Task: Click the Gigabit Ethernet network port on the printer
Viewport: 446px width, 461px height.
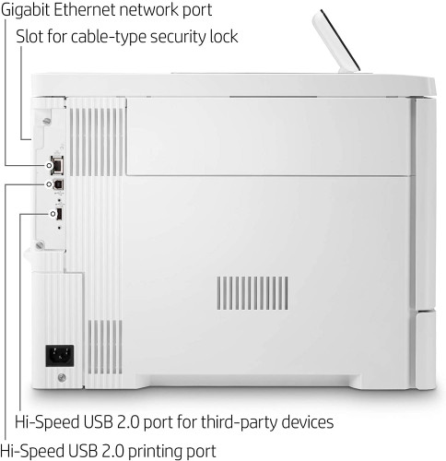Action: coord(57,163)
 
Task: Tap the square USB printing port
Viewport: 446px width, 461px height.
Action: coord(58,184)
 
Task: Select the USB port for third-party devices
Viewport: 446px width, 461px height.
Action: coord(59,214)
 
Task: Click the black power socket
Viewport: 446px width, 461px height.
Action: coord(60,356)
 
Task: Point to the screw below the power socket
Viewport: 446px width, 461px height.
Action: coord(62,377)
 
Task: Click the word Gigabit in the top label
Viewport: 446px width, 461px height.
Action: coord(26,11)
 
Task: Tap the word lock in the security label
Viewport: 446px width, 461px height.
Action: coord(224,36)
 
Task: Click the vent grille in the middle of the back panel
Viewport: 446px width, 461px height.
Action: coord(252,293)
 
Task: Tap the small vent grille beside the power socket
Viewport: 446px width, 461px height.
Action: coord(105,347)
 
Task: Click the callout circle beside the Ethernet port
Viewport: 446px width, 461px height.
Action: coord(49,165)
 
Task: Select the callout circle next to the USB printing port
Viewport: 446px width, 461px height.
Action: coord(49,184)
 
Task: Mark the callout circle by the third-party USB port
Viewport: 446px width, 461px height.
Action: coord(53,214)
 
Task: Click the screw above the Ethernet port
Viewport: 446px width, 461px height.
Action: coord(47,122)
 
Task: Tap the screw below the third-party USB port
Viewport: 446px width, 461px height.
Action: coord(40,245)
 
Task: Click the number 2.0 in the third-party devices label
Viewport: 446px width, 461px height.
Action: coord(128,422)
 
